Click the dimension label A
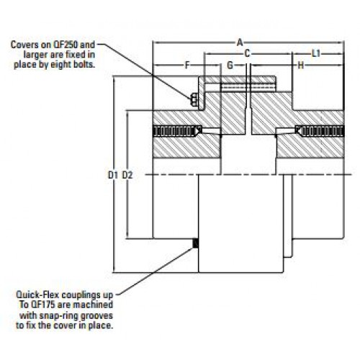pyautogui.click(x=240, y=43)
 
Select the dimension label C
pyautogui.click(x=247, y=54)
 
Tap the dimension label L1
pyautogui.click(x=316, y=54)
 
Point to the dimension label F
pyautogui.click(x=187, y=65)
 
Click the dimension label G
pyautogui.click(x=230, y=65)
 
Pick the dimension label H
pyautogui.click(x=300, y=65)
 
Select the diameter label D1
pyautogui.click(x=113, y=175)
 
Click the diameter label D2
pyautogui.click(x=127, y=175)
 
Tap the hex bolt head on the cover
pyautogui.click(x=194, y=100)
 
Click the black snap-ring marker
pyautogui.click(x=196, y=243)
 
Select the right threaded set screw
pyautogui.click(x=320, y=131)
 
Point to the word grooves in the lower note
pyautogui.click(x=96, y=315)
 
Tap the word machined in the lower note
pyautogui.click(x=93, y=305)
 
